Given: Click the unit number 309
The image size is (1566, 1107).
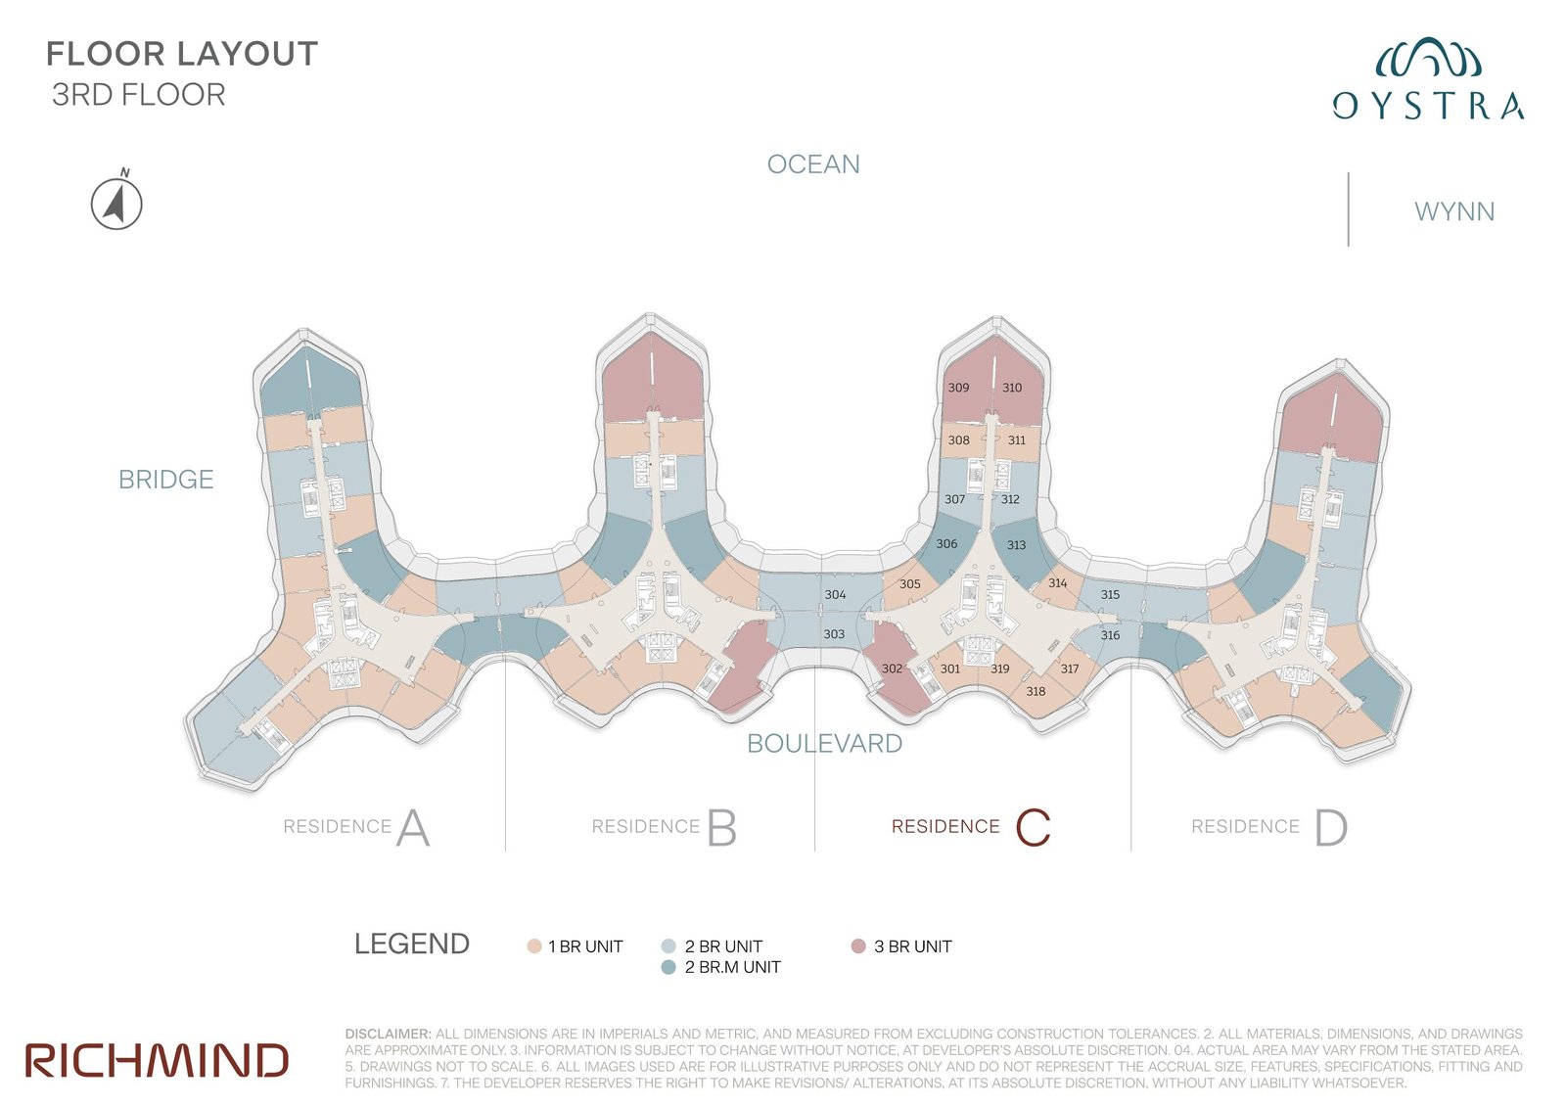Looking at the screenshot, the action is click(x=958, y=388).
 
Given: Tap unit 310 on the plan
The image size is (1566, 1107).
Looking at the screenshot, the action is click(x=1012, y=388).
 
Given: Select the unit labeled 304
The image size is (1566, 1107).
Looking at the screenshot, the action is click(x=835, y=594).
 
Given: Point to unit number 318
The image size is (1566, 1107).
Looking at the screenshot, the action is click(x=1036, y=691).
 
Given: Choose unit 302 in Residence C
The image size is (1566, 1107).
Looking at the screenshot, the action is click(x=892, y=669).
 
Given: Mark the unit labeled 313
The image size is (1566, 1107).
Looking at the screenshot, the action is click(x=1016, y=545).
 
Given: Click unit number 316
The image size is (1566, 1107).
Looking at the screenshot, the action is click(x=1110, y=635).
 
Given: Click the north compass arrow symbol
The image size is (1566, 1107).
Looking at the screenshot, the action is click(x=116, y=202).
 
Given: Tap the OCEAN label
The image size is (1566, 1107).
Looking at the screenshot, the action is click(x=813, y=164).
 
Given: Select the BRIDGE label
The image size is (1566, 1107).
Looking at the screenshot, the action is click(x=165, y=480).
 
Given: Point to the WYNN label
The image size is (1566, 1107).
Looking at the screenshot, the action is click(x=1454, y=211).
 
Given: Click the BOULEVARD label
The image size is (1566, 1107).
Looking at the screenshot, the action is click(x=824, y=743).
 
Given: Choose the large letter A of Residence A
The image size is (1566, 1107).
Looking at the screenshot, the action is click(x=413, y=827).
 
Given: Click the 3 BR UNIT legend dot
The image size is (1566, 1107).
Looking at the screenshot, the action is click(x=858, y=946).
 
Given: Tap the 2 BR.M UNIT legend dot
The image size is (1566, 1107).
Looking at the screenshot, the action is click(x=668, y=967).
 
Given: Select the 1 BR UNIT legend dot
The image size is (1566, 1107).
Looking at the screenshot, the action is click(x=534, y=946).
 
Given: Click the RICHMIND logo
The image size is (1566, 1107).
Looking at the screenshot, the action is click(x=157, y=1060).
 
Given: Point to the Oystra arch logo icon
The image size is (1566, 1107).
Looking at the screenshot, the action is click(x=1428, y=58).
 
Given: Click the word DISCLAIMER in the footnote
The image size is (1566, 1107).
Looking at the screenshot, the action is click(x=388, y=1034).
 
